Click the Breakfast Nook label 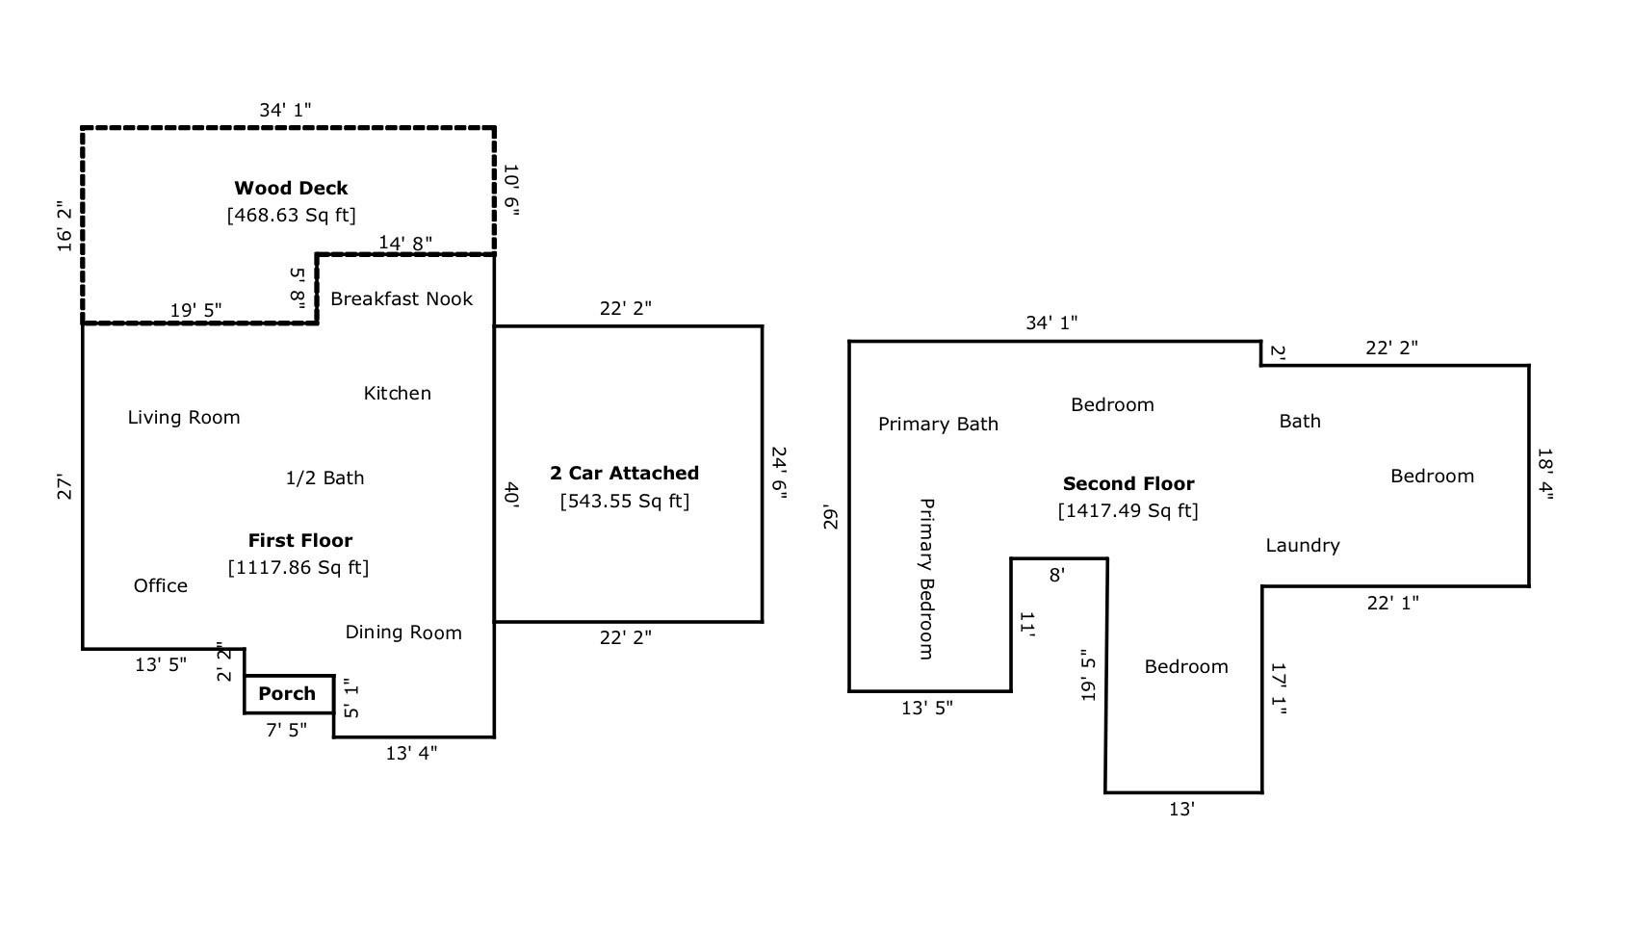pos(402,298)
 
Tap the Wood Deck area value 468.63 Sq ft pos(291,215)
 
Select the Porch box pos(288,694)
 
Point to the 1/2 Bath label pos(324,478)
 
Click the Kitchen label pos(397,393)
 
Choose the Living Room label pos(184,417)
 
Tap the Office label pos(160,585)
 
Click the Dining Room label pos(403,633)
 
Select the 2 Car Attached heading pos(624,473)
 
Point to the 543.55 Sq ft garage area pos(624,501)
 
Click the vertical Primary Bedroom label pos(926,579)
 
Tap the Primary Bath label pos(938,424)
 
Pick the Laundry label pos(1302,545)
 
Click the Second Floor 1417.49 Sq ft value pos(1128,510)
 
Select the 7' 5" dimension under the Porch pos(286,730)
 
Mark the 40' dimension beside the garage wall pos(511,495)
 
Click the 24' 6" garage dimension pos(779,473)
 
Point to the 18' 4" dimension pos(1545,474)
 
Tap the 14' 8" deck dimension pos(404,243)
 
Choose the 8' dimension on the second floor pos(1056,575)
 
